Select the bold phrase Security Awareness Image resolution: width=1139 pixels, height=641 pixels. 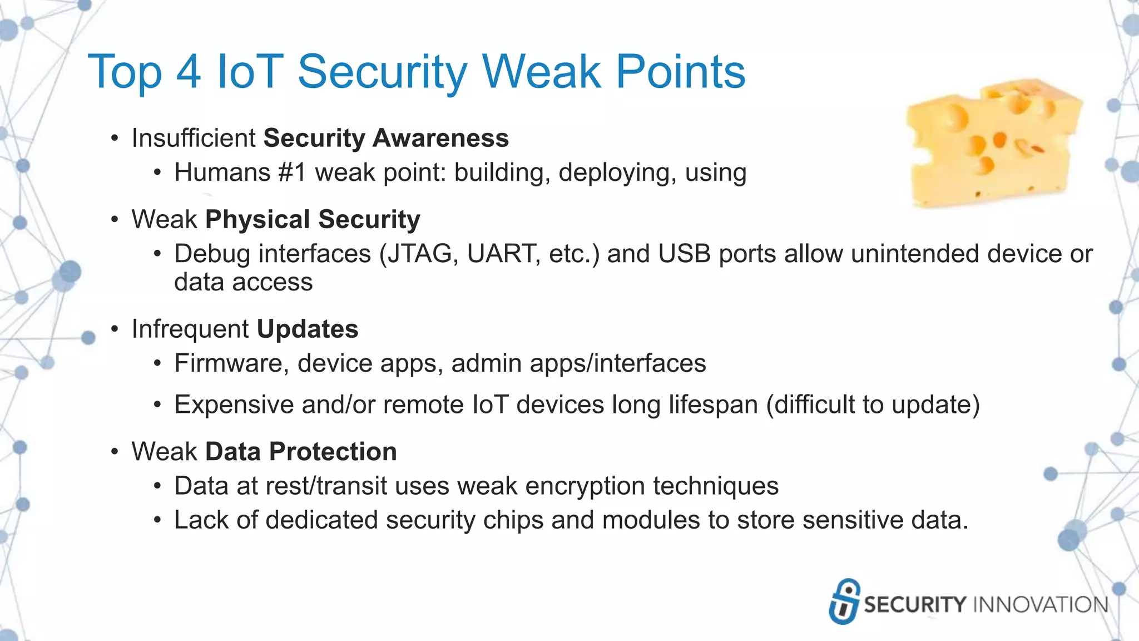pos(386,138)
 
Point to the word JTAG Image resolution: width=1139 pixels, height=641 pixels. pos(423,254)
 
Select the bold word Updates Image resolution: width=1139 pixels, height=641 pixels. pos(308,329)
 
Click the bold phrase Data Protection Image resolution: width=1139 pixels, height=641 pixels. pos(301,452)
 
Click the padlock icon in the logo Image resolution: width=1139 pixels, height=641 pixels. pos(844,601)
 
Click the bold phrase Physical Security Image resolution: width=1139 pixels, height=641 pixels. pos(313,220)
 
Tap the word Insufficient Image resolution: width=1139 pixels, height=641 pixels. pos(194,138)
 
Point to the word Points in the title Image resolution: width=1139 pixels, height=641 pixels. pos(680,72)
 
